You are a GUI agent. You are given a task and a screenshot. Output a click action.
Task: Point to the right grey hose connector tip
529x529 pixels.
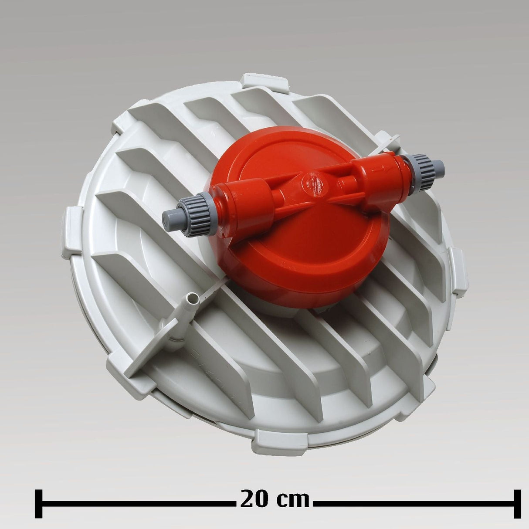click(438, 166)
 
